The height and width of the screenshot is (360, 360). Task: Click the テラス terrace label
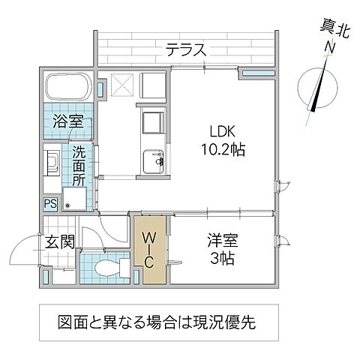[186, 51]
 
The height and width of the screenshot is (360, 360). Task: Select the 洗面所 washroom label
[79, 166]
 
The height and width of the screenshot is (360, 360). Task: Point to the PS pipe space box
[49, 202]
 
